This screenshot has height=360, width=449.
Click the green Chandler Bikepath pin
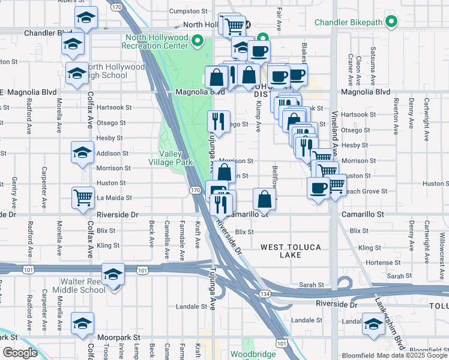(x=392, y=23)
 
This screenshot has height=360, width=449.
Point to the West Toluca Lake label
(x=291, y=251)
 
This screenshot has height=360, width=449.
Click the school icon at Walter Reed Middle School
(x=112, y=274)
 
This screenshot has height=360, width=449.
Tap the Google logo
(x=20, y=353)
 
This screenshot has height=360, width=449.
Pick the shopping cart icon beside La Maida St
(x=83, y=196)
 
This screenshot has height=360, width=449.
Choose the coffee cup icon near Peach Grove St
(x=318, y=187)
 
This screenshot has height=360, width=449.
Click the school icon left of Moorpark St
(x=83, y=323)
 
